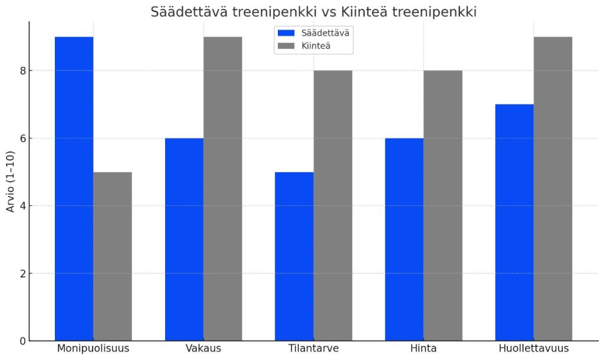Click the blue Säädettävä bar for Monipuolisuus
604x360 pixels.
point(74,189)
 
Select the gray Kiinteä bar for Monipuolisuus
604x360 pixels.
point(113,256)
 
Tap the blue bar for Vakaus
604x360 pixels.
point(184,239)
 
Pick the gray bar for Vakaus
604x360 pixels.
point(222,189)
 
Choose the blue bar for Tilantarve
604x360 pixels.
point(294,256)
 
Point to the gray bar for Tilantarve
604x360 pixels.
point(333,205)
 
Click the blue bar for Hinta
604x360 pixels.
point(404,239)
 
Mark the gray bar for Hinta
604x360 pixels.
point(442,205)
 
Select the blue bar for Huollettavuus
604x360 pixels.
point(514,222)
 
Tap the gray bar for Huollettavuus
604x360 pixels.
point(553,189)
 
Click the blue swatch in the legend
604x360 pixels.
point(286,33)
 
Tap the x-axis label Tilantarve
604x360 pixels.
point(313,348)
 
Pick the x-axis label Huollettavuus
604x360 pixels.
point(533,348)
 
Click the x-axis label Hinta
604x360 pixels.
point(424,348)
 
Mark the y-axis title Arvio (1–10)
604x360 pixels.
point(9,181)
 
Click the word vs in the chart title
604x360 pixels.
point(328,12)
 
